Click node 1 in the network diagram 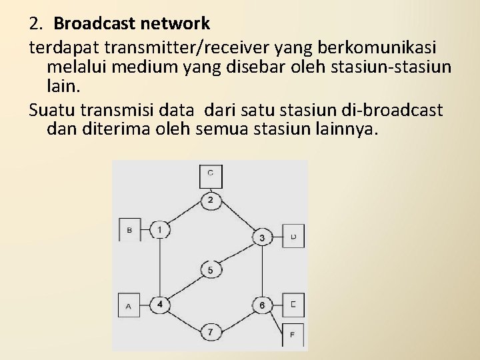pos(160,230)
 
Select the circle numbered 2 pos(211,200)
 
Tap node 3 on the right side pos(262,237)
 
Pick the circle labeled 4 pos(160,305)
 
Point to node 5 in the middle pos(211,270)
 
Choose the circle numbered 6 pos(262,305)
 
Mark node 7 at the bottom pos(211,331)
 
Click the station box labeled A pos(129,305)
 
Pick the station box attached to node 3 pos(293,236)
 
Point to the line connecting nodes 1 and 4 pos(160,267)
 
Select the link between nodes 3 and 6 pos(262,271)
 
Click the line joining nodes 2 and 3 pos(237,219)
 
